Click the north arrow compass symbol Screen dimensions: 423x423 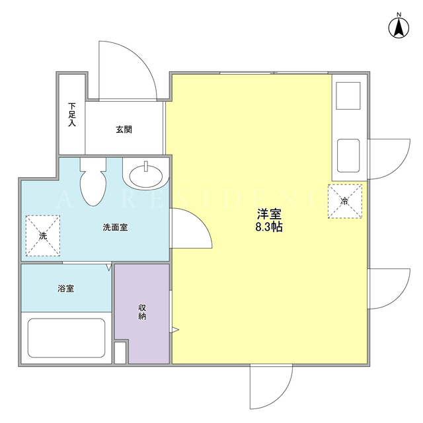(399, 27)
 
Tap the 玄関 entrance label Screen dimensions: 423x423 (124, 130)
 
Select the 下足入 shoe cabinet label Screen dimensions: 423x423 (72, 114)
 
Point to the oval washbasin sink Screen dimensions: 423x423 (146, 176)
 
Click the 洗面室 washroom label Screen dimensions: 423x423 (115, 227)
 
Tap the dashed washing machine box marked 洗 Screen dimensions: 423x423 (43, 235)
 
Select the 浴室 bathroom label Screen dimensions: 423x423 (66, 288)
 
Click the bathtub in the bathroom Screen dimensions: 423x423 (66, 338)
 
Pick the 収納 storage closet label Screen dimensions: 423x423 (142, 311)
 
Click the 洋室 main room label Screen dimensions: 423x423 (269, 214)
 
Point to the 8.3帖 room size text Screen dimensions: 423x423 (269, 227)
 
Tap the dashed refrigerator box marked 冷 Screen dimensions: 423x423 (345, 201)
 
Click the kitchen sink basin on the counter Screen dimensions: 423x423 (348, 156)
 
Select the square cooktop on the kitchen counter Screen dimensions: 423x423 (348, 96)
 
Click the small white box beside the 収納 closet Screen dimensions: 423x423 (120, 353)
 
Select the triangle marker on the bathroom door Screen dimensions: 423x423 (108, 267)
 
